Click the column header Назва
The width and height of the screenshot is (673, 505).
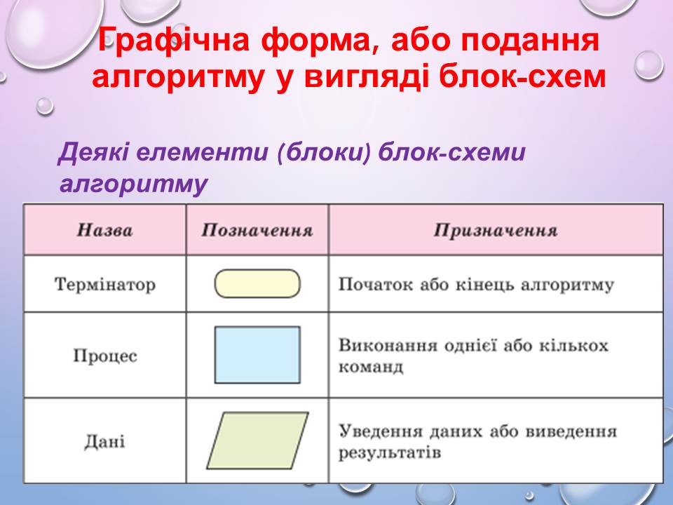tap(104, 231)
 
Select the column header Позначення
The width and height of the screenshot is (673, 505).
tap(257, 231)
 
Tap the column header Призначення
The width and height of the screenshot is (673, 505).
tap(496, 231)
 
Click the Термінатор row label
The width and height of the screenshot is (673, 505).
tap(104, 284)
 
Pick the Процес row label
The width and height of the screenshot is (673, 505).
tap(104, 356)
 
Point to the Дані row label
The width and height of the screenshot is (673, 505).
tap(104, 441)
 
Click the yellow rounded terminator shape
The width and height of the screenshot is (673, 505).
tap(257, 283)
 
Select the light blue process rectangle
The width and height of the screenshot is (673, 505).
tap(257, 355)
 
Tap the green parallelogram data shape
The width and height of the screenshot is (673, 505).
tap(257, 440)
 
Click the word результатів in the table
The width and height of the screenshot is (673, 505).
tap(390, 452)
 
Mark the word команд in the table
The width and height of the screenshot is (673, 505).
tap(371, 367)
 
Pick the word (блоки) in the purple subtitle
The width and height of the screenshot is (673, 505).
tap(324, 152)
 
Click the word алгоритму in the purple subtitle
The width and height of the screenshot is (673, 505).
tap(133, 184)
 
